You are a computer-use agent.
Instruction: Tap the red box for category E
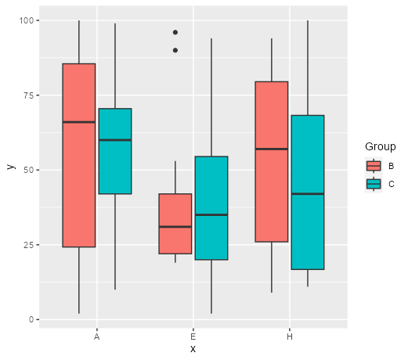coord(175,223)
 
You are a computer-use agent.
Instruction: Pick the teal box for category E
coord(211,208)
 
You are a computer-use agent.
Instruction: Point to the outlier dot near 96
coord(175,32)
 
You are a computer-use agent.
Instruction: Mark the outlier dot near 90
coord(175,50)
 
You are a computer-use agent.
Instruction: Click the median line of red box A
coord(78,122)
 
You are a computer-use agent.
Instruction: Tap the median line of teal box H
coord(307,194)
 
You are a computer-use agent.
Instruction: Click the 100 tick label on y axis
coord(28,20)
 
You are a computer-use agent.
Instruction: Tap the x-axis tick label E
coord(193,336)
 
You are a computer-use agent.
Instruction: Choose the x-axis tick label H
coord(290,336)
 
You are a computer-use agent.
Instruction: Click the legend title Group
coord(379,147)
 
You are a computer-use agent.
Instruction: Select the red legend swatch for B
coord(374,166)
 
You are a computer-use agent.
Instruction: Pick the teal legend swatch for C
coord(374,183)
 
